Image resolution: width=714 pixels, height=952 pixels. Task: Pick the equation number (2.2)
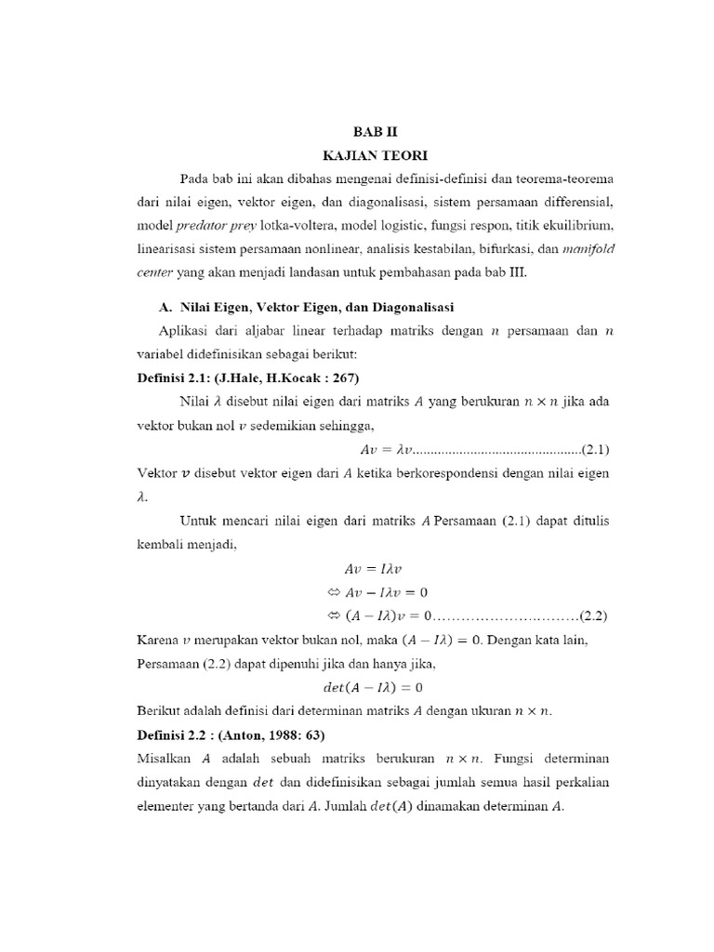[592, 615]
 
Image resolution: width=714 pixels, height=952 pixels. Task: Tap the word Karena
[152, 640]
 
